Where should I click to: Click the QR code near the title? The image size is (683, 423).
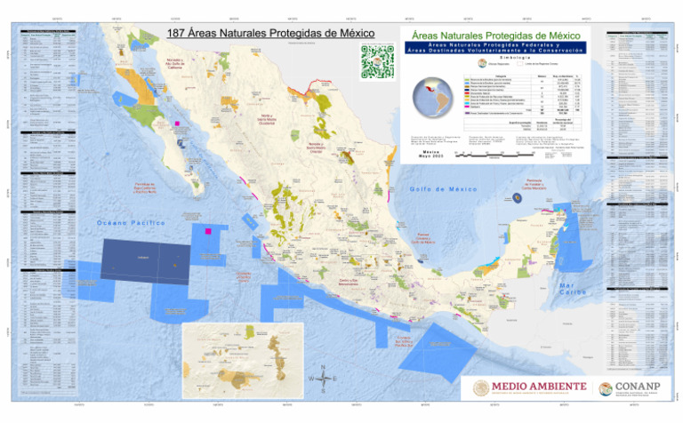pyautogui.click(x=376, y=62)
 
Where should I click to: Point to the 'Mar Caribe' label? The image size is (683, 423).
pyautogui.click(x=572, y=288)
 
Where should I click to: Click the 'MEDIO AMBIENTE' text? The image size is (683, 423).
pyautogui.click(x=539, y=386)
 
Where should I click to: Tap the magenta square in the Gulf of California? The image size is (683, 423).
pyautogui.click(x=178, y=124)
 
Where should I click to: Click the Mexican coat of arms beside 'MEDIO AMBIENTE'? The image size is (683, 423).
pyautogui.click(x=481, y=388)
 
